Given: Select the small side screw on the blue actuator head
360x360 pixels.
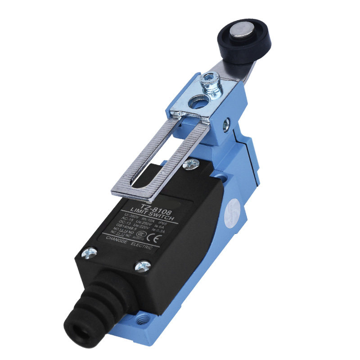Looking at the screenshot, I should [227, 123].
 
